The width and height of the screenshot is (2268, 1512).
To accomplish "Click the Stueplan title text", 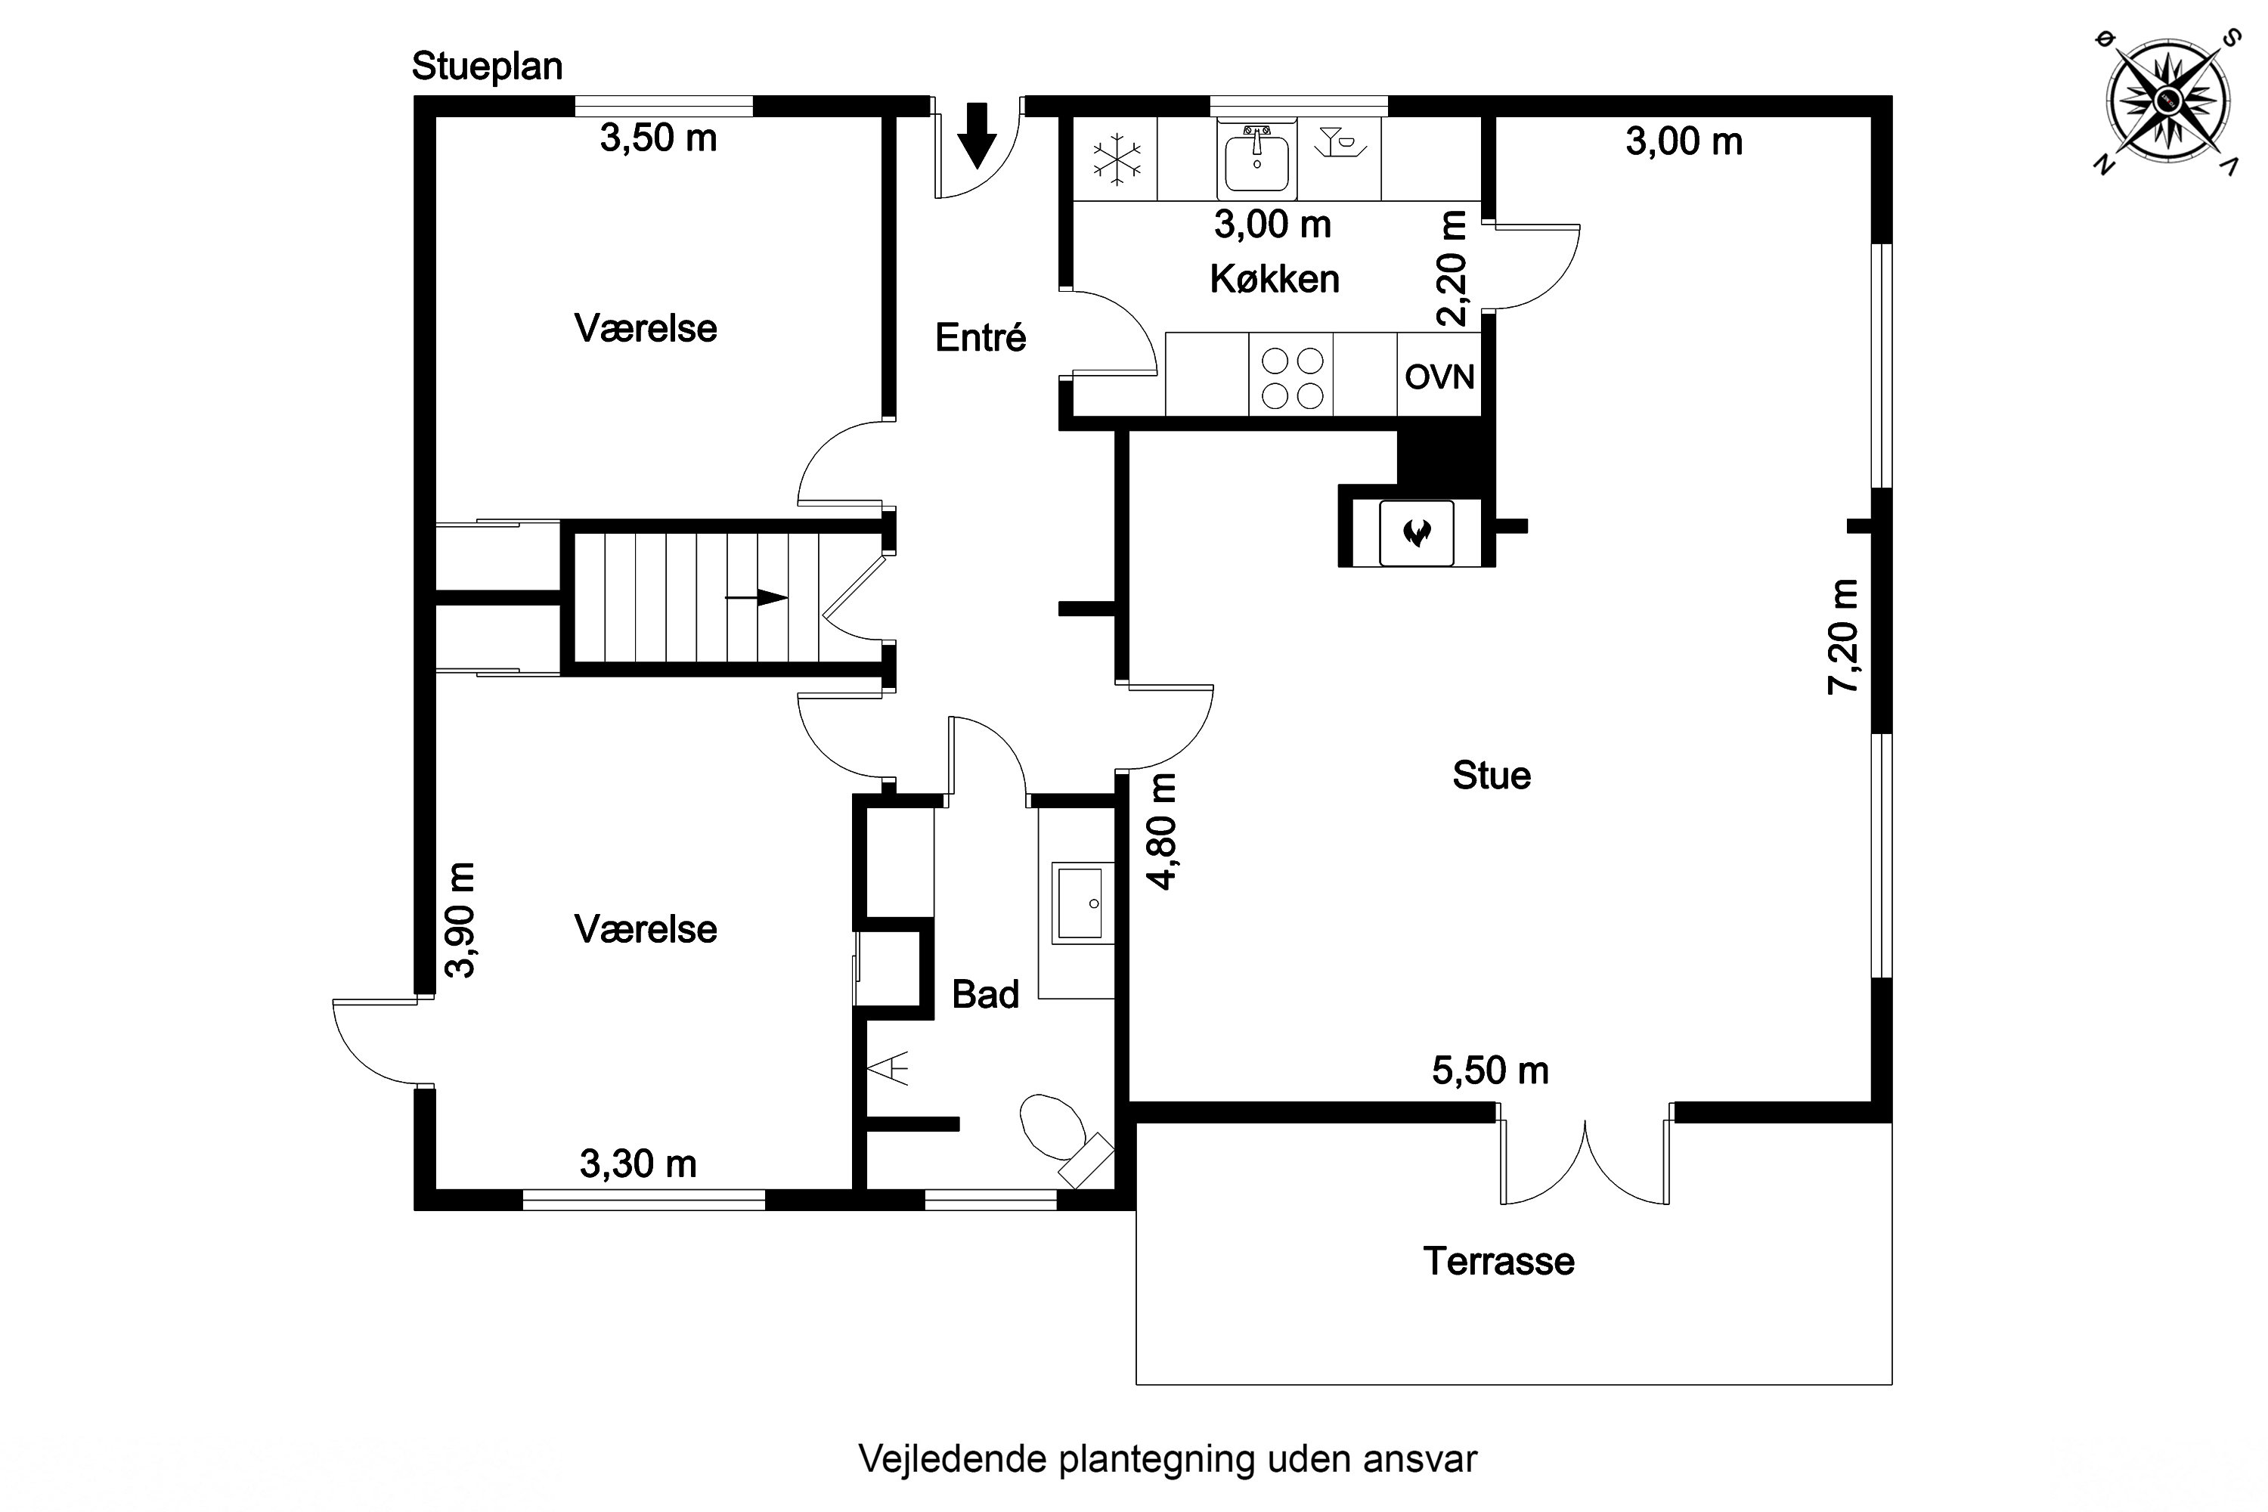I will point(487,67).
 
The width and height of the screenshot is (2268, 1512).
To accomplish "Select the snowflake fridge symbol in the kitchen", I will point(1117,159).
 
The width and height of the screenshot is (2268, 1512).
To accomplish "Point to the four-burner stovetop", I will point(1291,377).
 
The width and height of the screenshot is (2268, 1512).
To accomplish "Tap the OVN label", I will point(1439,377).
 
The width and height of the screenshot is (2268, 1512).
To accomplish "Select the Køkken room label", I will point(1274,280).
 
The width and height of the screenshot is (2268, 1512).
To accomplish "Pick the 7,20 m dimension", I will point(1843,637).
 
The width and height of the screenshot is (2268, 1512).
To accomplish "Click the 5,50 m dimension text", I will point(1490,1070).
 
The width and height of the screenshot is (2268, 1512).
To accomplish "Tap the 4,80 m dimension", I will point(1161,831).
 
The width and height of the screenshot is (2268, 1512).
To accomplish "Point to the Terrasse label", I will point(1498,1261).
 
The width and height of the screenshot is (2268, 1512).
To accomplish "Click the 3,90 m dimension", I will point(461,920).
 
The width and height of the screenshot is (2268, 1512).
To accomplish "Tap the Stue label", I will point(1491,776).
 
